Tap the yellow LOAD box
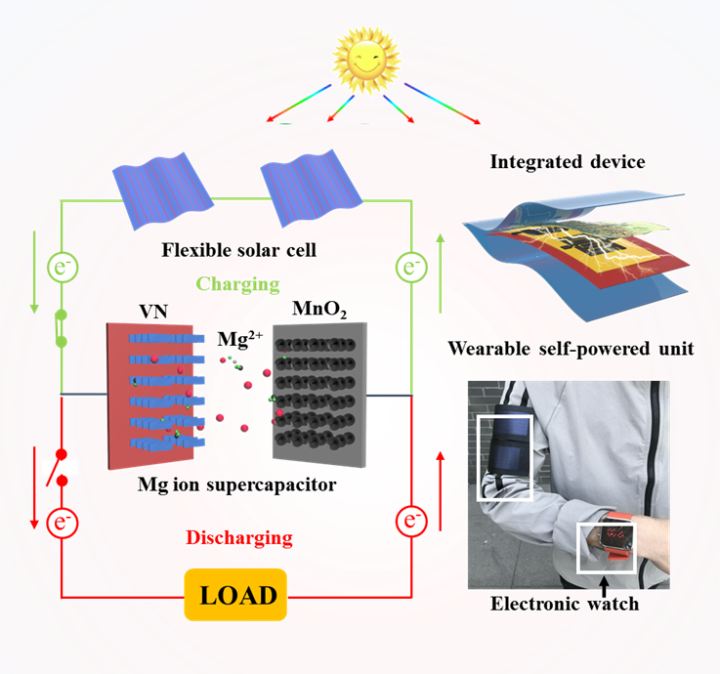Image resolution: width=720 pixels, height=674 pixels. click(x=237, y=594)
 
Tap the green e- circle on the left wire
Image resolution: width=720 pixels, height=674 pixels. click(x=62, y=265)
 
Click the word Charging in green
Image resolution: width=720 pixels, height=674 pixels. click(x=238, y=283)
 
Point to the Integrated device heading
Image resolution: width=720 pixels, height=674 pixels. click(x=567, y=161)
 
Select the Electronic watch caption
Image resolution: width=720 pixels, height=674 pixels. click(x=565, y=603)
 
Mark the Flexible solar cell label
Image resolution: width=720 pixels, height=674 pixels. click(x=238, y=250)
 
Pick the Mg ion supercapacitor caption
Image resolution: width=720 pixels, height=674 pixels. click(x=238, y=484)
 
